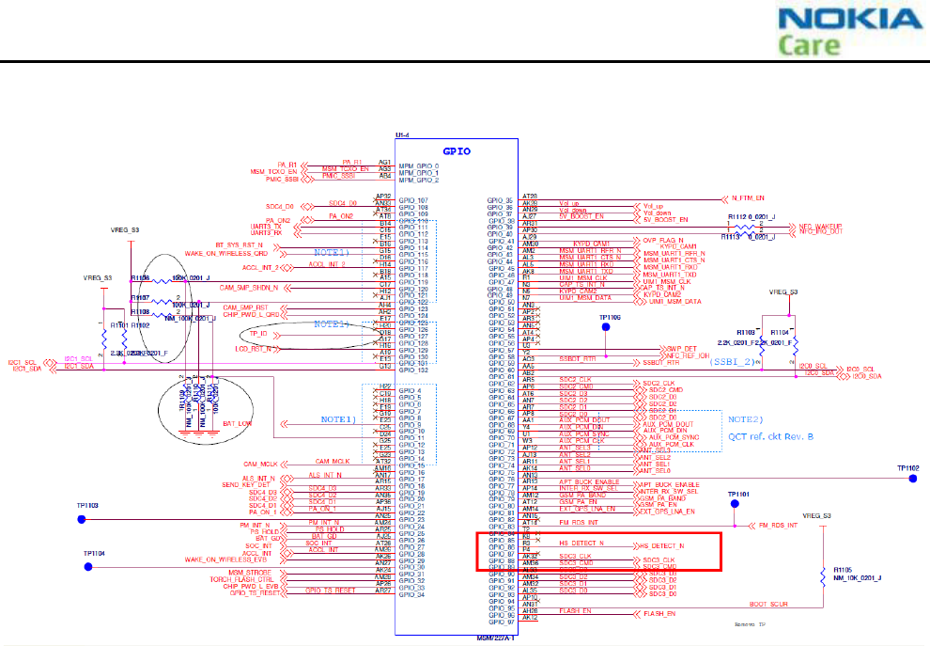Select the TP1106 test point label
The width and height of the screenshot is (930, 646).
pyautogui.click(x=610, y=318)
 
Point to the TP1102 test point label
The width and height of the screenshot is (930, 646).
pyautogui.click(x=907, y=467)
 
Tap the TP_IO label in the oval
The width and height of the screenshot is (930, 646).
pyautogui.click(x=259, y=334)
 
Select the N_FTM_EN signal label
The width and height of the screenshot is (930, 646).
pyautogui.click(x=750, y=199)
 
